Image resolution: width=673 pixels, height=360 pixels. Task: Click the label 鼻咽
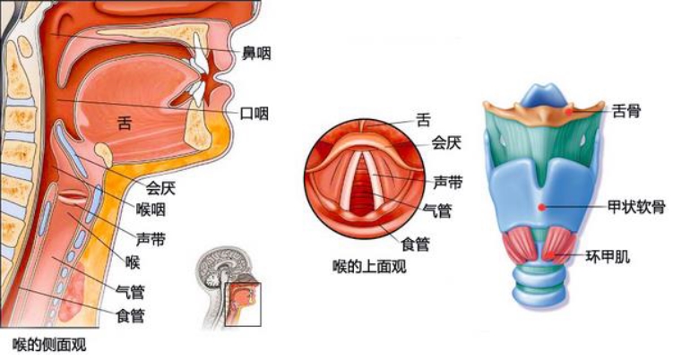pos(256,55)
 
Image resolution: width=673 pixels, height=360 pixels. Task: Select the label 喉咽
pos(150,210)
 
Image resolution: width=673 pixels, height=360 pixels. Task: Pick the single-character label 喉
pos(134,262)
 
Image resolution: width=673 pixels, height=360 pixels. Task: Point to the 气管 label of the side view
pos(131,292)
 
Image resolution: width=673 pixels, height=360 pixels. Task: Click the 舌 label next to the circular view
pos(423,117)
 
